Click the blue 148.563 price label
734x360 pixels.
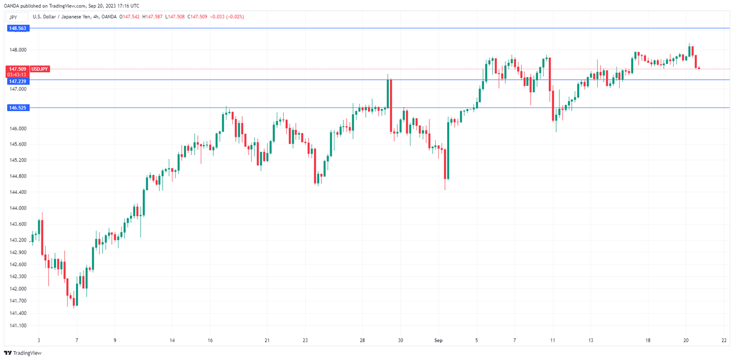pos(18,28)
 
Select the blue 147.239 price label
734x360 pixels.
pos(18,82)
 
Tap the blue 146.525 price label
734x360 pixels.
pos(18,108)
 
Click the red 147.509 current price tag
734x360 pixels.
pos(18,69)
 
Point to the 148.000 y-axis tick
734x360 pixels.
pos(18,50)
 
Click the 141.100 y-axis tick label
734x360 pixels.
pos(18,325)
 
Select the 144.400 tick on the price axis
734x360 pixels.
pos(18,192)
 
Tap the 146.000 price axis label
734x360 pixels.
pos(18,128)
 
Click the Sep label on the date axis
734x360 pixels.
pos(438,340)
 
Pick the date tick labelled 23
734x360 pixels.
pos(306,340)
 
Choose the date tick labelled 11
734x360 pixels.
pos(553,340)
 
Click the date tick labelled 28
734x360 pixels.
pos(362,340)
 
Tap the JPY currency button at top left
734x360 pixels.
pos(14,17)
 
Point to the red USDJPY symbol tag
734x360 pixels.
pos(40,69)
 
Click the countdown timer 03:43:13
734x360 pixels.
pos(18,75)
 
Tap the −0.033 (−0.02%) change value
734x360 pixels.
pos(227,17)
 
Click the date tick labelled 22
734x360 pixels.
pos(724,340)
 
